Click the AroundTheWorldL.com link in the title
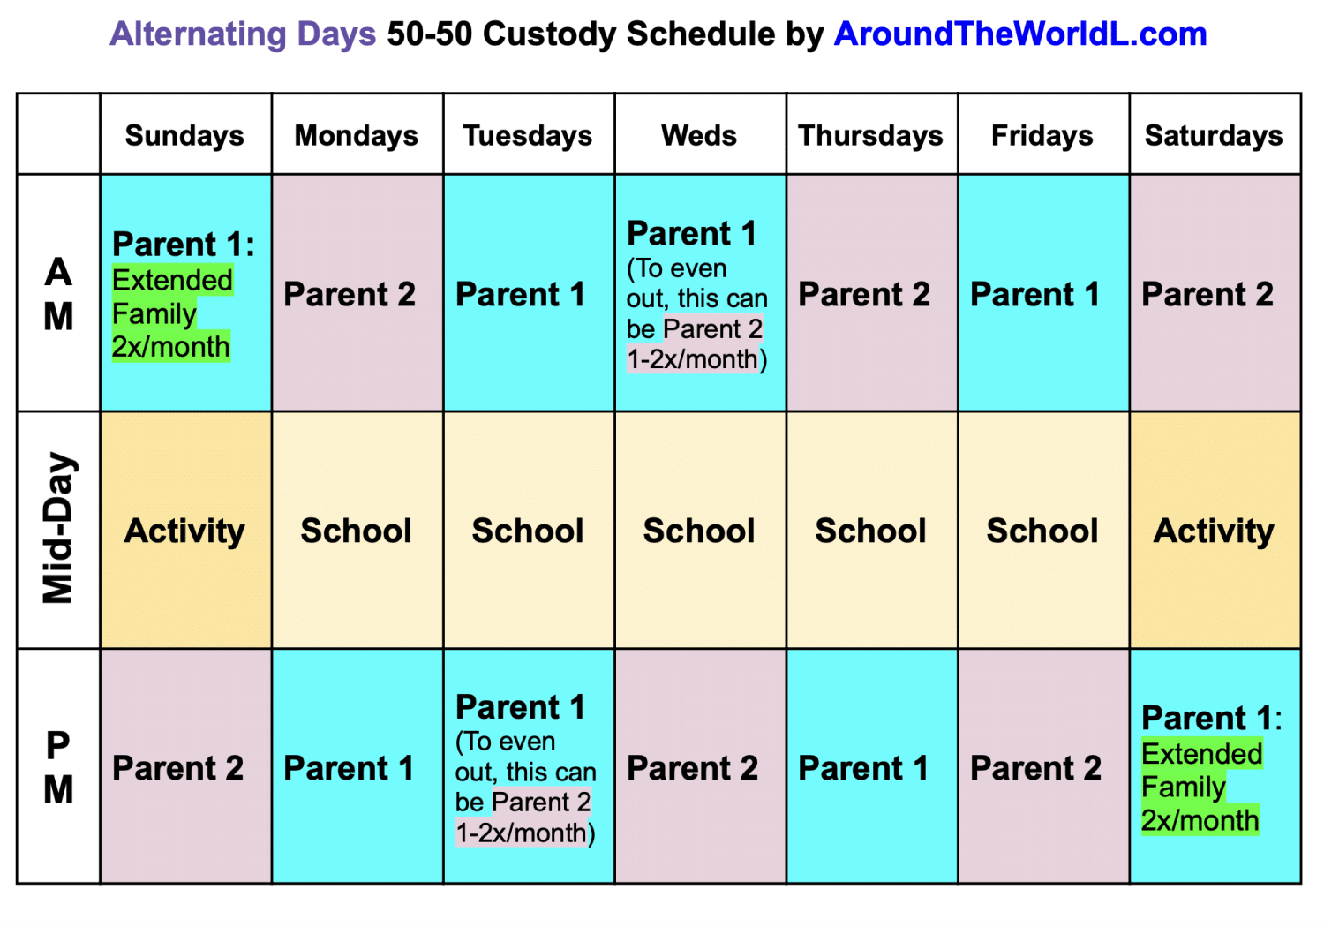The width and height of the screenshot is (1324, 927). click(x=1020, y=34)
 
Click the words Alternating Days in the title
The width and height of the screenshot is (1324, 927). click(x=243, y=34)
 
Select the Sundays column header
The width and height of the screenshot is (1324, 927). click(x=184, y=136)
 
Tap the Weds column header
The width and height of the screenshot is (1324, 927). click(x=699, y=136)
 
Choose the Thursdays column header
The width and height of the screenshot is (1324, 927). click(x=870, y=136)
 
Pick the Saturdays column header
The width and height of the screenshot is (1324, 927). click(x=1214, y=136)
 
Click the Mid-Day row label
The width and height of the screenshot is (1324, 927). click(x=58, y=529)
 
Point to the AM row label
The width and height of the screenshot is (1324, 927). click(x=58, y=294)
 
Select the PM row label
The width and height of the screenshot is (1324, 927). click(x=58, y=767)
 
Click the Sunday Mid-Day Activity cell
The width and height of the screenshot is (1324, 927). click(x=184, y=531)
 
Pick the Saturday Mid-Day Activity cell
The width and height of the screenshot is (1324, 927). click(x=1214, y=531)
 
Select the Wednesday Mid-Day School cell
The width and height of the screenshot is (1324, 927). click(x=699, y=531)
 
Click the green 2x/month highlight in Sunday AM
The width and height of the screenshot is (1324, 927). click(x=171, y=346)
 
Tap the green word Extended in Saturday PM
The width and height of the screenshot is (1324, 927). click(x=1202, y=754)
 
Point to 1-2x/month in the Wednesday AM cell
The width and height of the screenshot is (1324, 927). click(x=693, y=359)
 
